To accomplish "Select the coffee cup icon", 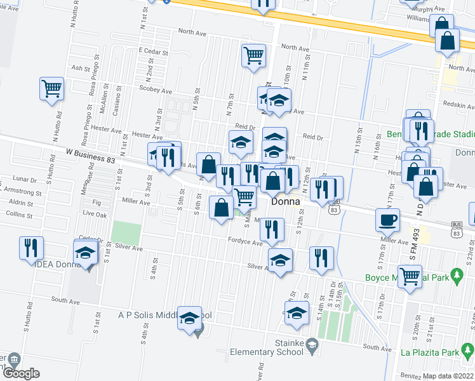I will (x=387, y=220).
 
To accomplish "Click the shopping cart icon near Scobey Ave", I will (x=51, y=88).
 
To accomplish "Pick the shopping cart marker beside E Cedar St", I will (x=253, y=55).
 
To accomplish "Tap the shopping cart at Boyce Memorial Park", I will (x=410, y=276).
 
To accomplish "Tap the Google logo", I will (x=20, y=373).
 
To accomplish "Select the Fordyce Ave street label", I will (x=246, y=243).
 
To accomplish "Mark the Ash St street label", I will (x=81, y=67).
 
